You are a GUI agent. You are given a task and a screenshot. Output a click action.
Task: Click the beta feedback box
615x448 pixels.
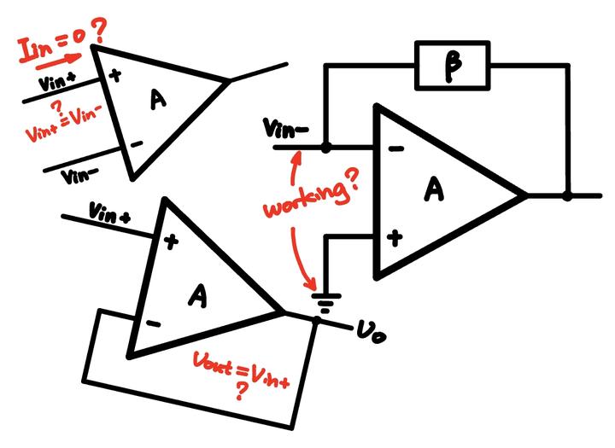(x=453, y=66)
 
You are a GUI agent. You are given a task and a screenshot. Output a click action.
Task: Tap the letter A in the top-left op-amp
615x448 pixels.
(x=157, y=101)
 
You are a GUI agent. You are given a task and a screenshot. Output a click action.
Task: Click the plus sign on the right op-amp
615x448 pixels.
(x=395, y=238)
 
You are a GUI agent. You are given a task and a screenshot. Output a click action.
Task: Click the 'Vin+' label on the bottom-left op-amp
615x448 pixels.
(x=110, y=213)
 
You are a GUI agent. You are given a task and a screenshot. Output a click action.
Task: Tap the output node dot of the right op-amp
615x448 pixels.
(x=567, y=195)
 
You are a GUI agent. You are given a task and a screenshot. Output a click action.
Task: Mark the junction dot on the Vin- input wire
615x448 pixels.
(x=325, y=147)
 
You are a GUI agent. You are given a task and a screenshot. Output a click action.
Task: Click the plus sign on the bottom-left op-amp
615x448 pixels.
(x=171, y=242)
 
